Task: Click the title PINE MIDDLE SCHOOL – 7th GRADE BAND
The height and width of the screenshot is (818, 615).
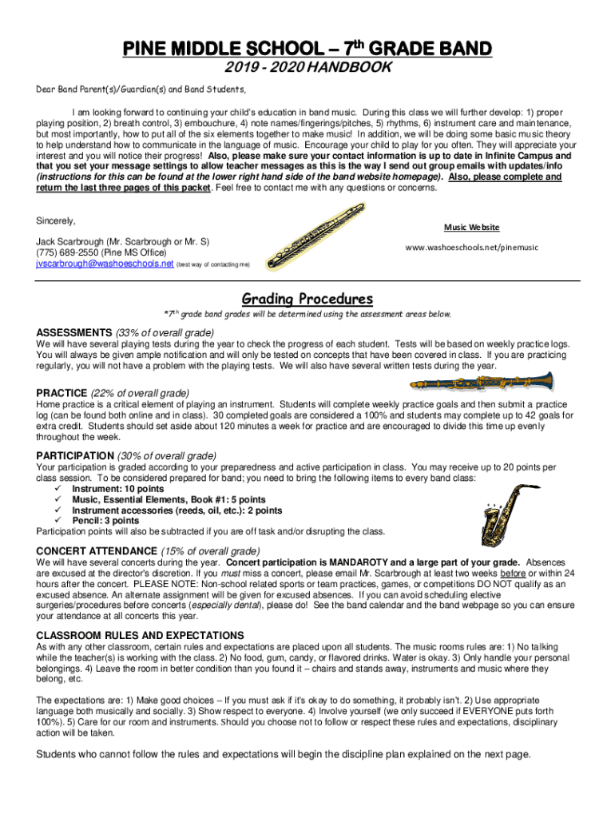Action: tap(307, 50)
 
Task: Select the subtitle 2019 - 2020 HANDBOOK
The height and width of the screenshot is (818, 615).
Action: tap(307, 69)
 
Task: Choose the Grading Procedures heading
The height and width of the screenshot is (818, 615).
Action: tap(307, 299)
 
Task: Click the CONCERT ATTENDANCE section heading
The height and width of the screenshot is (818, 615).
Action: tap(97, 550)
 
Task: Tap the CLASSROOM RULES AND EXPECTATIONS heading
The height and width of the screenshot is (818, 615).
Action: tap(140, 635)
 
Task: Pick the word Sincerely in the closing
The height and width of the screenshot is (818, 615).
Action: tap(56, 220)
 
